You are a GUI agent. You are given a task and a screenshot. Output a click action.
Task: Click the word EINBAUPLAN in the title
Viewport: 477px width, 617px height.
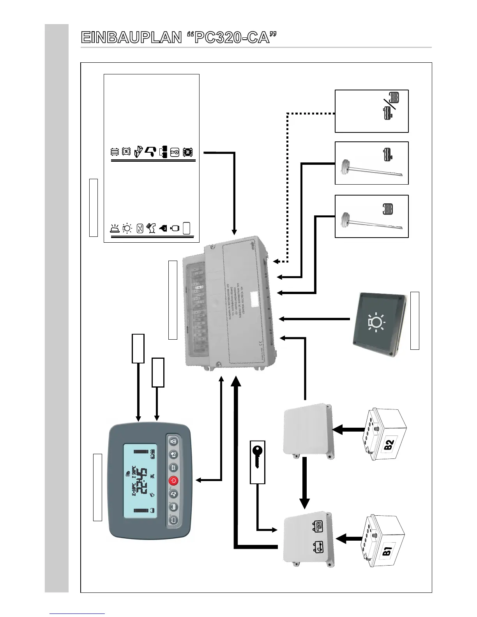pos(131,38)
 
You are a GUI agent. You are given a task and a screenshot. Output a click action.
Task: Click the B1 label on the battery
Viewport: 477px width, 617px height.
pos(388,552)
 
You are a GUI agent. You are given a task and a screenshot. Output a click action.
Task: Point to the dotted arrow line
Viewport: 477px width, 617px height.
pos(288,187)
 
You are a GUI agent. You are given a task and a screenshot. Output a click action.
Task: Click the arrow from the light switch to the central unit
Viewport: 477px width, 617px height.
pos(314,319)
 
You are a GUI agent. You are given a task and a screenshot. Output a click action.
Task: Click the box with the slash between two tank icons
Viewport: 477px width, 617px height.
pos(371,111)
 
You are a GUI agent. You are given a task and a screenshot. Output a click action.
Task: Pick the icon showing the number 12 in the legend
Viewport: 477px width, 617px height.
pos(175,153)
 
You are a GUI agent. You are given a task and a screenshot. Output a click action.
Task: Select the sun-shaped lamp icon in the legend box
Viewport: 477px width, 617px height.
pos(127,228)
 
